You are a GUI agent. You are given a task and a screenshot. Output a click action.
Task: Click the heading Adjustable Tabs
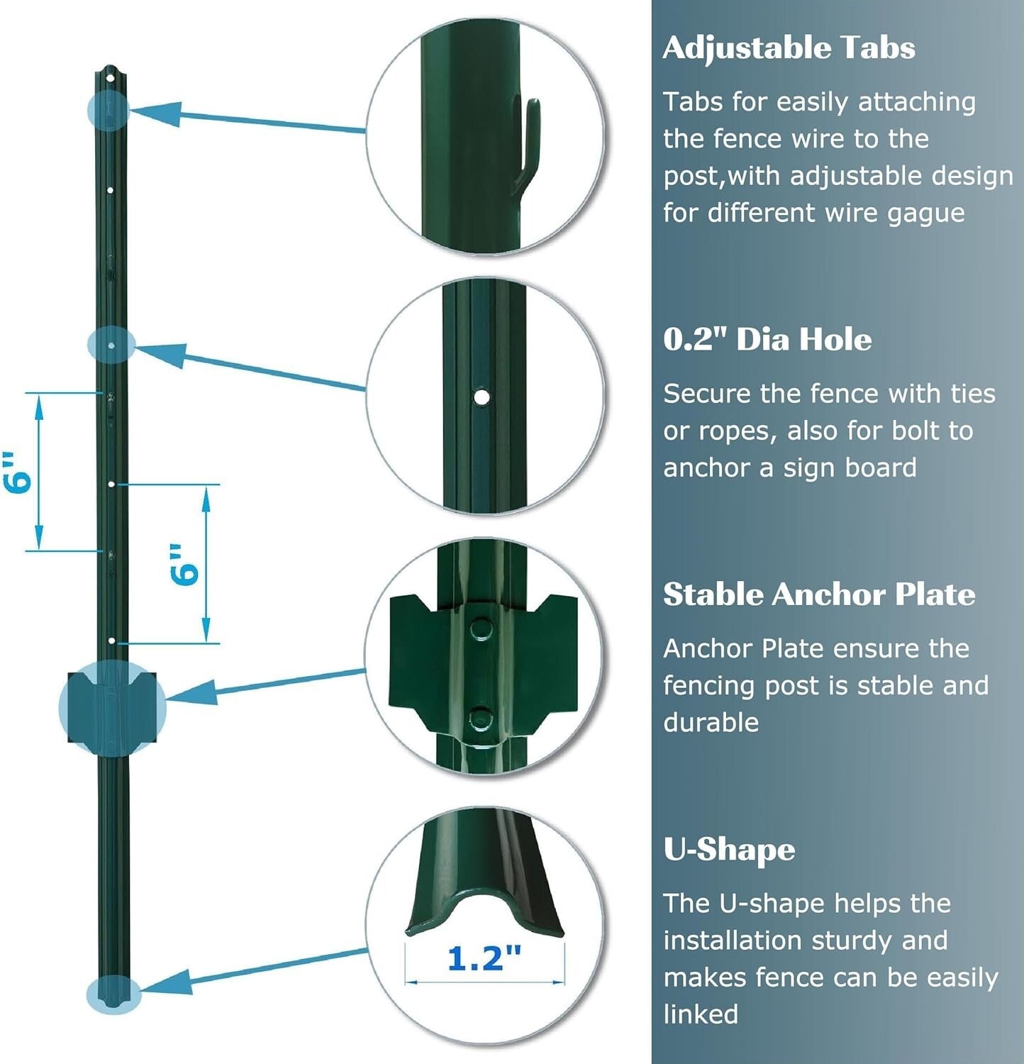789,48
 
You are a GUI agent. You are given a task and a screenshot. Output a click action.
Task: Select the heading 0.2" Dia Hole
767,339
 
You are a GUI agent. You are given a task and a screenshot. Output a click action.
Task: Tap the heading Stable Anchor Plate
819,594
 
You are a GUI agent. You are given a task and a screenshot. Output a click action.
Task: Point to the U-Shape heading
729,849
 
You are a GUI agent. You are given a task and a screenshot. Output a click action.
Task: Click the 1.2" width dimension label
484,958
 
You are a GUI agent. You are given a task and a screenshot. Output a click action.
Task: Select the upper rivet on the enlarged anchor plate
482,628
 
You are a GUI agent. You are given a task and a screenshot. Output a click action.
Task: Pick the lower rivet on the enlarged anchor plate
482,719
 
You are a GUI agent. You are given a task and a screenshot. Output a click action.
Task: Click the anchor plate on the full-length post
112,706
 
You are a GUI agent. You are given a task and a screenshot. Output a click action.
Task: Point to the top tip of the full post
109,70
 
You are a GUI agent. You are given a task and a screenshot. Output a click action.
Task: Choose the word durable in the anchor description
711,723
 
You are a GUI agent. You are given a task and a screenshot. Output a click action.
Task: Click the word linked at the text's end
701,1014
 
